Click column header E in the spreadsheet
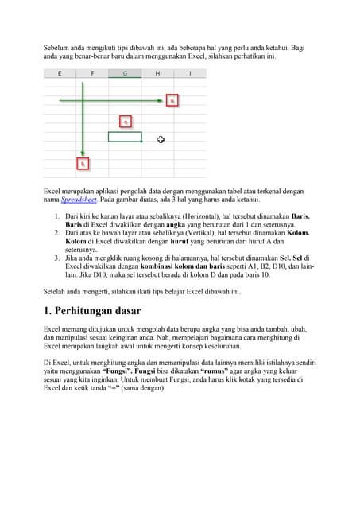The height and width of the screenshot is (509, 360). tap(60, 73)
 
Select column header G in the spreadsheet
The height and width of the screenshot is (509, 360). tap(125, 73)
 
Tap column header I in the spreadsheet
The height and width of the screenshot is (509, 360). tap(190, 73)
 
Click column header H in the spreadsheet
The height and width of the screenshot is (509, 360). tap(157, 73)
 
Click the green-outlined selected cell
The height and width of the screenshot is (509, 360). tap(125, 136)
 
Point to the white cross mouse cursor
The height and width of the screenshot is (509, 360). tap(161, 140)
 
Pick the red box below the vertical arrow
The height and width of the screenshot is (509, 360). tap(82, 164)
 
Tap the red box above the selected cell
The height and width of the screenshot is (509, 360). tap(125, 121)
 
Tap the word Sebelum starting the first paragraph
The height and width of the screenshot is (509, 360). tap(56, 49)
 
